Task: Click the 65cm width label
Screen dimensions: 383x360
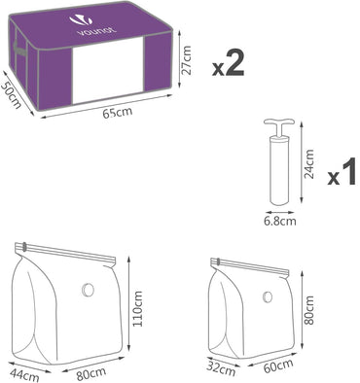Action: pos(116,113)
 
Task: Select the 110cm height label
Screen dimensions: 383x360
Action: pos(136,312)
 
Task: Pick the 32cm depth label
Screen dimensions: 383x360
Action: pos(220,368)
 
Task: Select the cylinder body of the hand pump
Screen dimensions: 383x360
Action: pos(277,170)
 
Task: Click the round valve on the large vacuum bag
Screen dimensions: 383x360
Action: pos(89,289)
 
